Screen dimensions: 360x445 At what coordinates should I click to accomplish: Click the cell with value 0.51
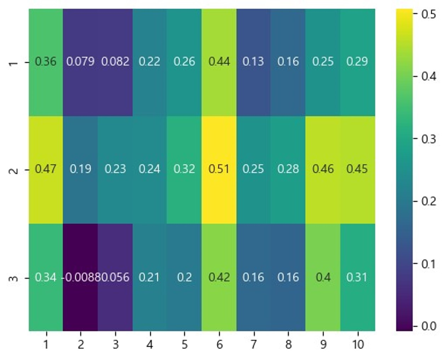219,169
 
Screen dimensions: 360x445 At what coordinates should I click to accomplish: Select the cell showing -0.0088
80,277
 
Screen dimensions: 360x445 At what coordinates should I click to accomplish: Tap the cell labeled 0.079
80,62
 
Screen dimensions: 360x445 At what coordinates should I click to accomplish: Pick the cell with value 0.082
115,62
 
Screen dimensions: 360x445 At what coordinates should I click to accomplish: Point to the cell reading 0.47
46,169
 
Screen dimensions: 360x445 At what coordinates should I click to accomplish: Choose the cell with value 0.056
115,277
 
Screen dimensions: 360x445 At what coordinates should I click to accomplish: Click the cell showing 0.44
219,62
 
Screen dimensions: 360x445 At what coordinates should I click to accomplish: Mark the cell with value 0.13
253,62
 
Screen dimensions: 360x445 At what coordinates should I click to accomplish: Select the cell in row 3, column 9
323,277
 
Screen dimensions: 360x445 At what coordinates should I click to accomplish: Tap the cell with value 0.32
184,169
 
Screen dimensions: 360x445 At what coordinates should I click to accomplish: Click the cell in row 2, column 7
253,169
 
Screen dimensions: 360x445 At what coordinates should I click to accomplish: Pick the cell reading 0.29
357,62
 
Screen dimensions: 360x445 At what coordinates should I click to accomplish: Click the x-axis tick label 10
358,344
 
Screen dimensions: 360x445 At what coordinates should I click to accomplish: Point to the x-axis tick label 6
219,344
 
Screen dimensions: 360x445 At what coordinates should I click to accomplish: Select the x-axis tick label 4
150,344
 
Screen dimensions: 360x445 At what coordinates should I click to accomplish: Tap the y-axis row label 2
13,170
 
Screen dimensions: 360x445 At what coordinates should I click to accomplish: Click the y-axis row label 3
13,278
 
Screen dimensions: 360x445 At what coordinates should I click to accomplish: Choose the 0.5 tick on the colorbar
429,15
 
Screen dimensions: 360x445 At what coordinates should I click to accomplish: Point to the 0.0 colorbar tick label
429,326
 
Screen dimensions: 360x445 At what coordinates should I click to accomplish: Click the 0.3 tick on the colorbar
429,139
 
